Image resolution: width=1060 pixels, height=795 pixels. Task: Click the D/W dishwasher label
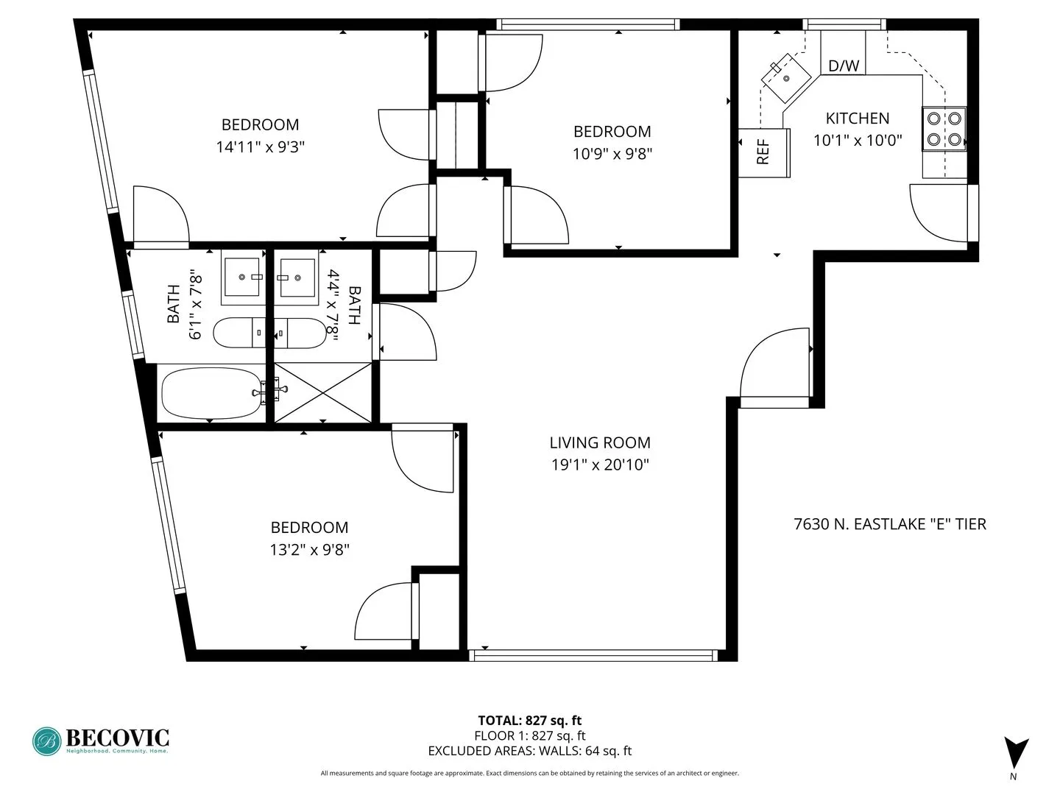coord(843,66)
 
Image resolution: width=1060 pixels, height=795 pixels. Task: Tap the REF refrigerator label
coord(763,152)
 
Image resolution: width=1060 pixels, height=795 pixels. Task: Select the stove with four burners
coord(944,129)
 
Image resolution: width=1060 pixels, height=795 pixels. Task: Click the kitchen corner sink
coord(785,78)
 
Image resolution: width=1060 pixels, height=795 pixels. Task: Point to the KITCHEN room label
coord(857,118)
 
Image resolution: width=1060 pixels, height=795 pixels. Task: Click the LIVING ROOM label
coord(600,442)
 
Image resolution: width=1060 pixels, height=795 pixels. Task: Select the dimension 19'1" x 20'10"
coord(600,464)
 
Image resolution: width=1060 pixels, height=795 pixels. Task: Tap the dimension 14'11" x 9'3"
coord(260,146)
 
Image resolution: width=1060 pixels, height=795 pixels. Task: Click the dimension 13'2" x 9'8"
coord(309,549)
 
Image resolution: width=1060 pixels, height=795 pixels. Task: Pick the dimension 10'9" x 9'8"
coord(612,153)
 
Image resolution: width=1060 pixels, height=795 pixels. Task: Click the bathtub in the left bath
coord(212,393)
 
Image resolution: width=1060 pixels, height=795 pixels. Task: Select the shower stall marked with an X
coord(323,393)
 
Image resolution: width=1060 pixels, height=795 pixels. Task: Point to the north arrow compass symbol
coord(1016,753)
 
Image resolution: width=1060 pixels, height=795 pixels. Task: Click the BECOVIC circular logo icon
coord(47,741)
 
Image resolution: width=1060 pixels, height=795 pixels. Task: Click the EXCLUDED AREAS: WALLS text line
coord(529,751)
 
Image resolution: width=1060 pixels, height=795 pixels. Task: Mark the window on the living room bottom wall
coord(593,654)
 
